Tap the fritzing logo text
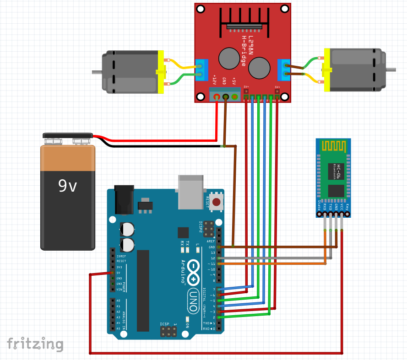pos(35,344)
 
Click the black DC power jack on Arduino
pos(122,199)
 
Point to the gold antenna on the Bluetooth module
pos(333,146)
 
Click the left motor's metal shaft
pos(97,72)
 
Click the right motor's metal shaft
pos(392,70)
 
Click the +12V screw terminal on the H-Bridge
pos(216,97)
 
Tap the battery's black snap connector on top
pos(68,136)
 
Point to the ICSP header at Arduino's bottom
pos(169,332)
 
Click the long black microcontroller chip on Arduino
pos(143,290)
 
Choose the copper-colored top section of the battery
pos(68,158)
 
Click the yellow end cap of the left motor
pos(161,72)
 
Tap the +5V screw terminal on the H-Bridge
pos(235,97)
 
